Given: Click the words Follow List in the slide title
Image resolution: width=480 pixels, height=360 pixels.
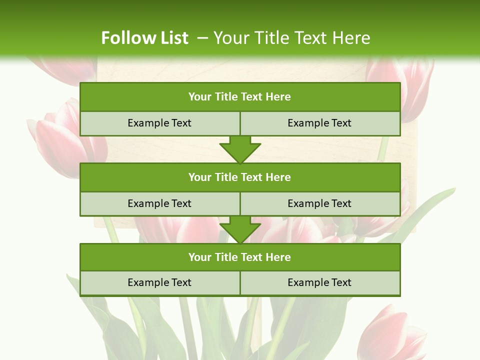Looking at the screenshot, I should [x=144, y=38].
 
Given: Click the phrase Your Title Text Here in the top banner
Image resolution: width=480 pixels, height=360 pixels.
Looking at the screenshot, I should [x=292, y=38].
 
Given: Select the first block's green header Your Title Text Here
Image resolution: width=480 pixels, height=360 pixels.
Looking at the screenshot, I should [x=240, y=97].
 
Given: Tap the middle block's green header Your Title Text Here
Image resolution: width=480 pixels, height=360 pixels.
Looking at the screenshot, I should [x=240, y=177].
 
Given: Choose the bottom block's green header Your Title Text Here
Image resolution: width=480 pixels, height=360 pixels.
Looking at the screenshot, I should [x=240, y=257].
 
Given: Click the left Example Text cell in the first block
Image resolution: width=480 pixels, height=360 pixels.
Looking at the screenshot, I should [x=159, y=123].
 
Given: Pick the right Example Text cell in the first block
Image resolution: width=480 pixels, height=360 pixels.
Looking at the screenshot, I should [x=319, y=123].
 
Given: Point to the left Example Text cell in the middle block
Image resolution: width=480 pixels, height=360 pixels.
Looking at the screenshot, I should [x=159, y=203].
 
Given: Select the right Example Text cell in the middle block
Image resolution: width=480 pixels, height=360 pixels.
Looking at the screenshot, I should [x=319, y=203].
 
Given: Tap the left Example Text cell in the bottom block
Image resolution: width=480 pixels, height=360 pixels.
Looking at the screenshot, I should [x=159, y=282].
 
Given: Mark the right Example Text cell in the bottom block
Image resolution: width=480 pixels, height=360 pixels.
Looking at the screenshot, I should [x=319, y=282].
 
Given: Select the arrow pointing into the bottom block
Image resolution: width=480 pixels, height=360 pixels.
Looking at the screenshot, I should [x=240, y=230].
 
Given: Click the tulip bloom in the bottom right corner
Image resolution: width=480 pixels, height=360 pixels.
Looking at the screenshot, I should [x=392, y=332].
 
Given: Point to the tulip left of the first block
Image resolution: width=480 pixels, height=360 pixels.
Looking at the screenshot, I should [x=57, y=140].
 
